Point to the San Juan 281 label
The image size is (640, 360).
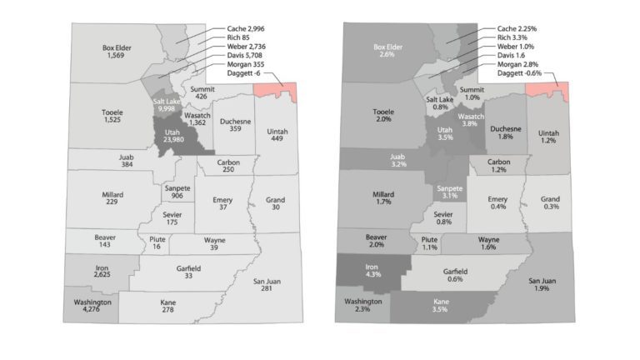pyautogui.click(x=267, y=285)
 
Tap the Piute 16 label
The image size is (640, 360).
pyautogui.click(x=157, y=243)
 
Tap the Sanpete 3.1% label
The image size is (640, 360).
pyautogui.click(x=449, y=192)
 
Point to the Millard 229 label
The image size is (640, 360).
pyautogui.click(x=113, y=198)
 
